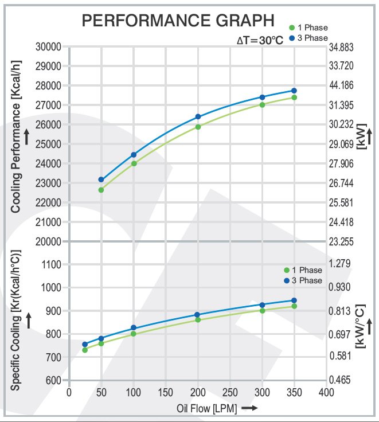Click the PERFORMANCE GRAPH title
click(178, 21)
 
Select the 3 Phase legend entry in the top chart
click(308, 38)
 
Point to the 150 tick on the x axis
click(166, 393)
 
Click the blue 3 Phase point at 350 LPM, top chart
click(294, 91)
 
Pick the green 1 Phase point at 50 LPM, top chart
click(101, 190)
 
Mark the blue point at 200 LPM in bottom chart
click(198, 315)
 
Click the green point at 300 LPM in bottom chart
click(262, 311)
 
